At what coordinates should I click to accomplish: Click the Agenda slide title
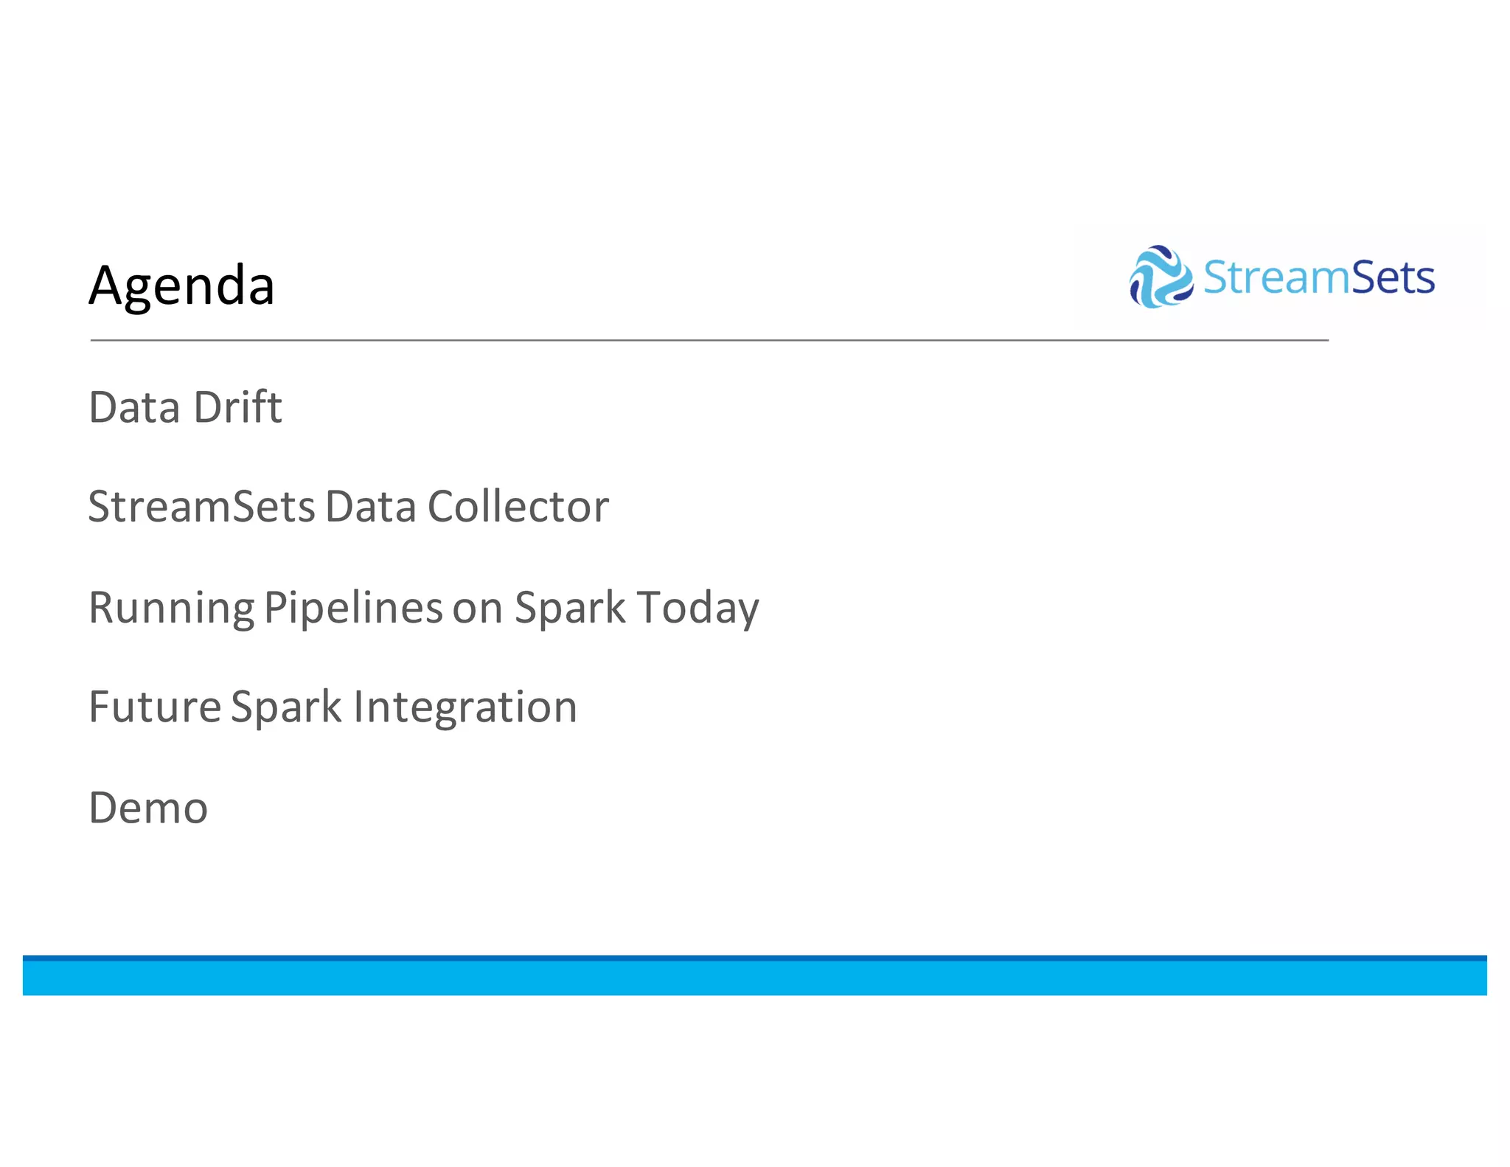(181, 285)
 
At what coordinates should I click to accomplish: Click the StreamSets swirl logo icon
(1161, 277)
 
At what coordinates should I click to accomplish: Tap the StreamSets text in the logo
(1318, 278)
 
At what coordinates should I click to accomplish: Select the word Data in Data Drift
(134, 407)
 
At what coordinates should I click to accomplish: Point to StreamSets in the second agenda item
(201, 508)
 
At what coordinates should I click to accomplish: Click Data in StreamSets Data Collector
(371, 508)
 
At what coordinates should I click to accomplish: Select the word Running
(171, 609)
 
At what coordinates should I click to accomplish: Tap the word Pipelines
(353, 609)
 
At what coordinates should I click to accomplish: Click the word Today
(697, 609)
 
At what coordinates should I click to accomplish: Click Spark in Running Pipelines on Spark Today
(570, 609)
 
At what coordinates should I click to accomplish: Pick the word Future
(155, 707)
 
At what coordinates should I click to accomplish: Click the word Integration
(465, 707)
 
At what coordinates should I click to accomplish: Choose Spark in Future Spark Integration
(286, 707)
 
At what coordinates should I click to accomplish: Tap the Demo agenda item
(148, 808)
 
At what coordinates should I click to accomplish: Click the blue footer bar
(754, 977)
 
